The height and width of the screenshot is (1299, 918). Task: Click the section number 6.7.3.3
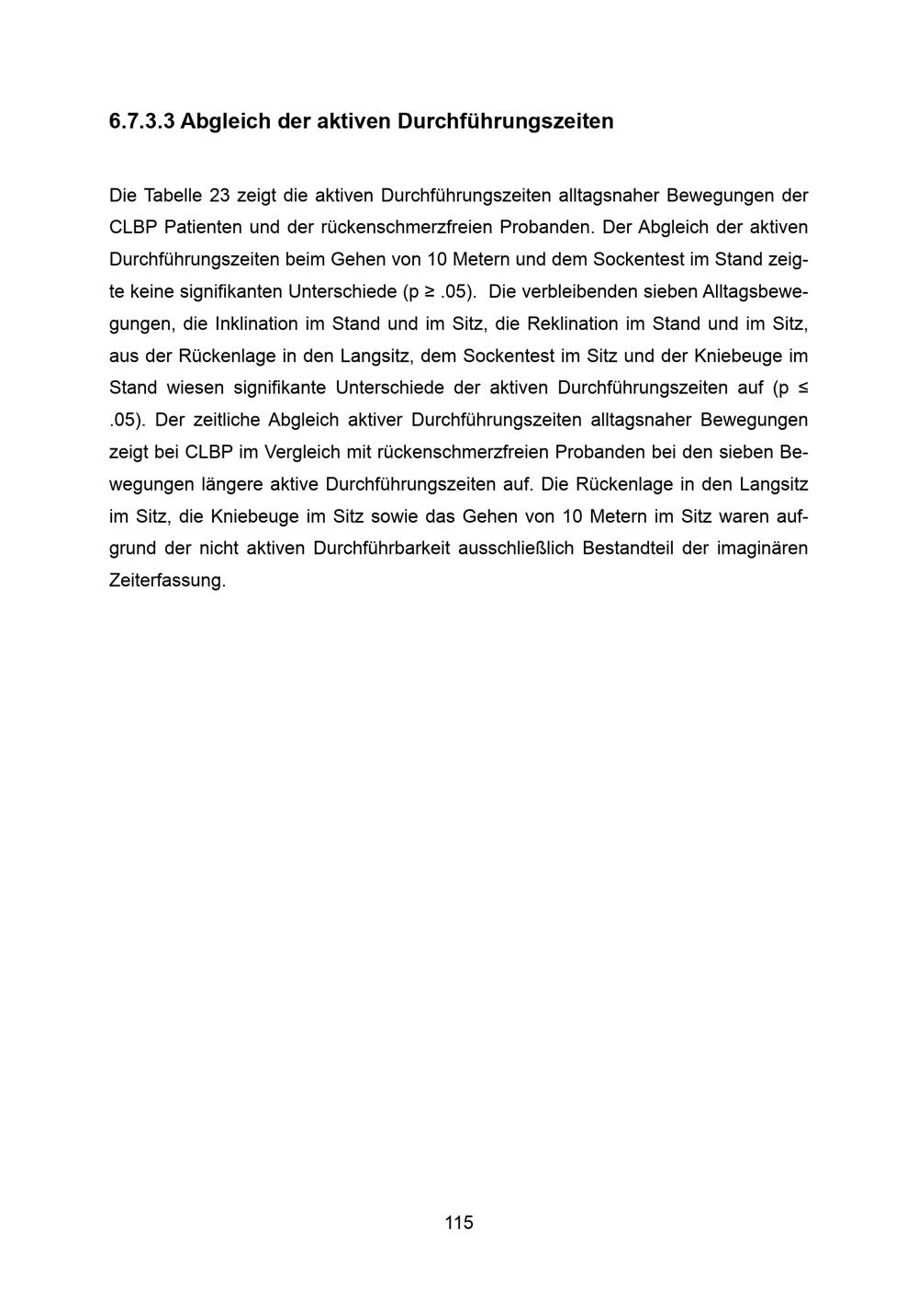(141, 121)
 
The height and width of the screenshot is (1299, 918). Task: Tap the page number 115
(459, 1222)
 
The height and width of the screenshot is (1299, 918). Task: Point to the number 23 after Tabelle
(219, 195)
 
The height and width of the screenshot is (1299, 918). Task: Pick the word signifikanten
(230, 291)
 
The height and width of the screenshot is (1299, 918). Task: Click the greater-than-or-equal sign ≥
(429, 291)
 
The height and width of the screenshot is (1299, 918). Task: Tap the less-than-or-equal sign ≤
(803, 388)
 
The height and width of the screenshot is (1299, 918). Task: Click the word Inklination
(256, 323)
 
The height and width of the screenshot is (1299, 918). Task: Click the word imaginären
(762, 548)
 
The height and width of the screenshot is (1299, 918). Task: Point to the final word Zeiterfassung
(167, 581)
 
